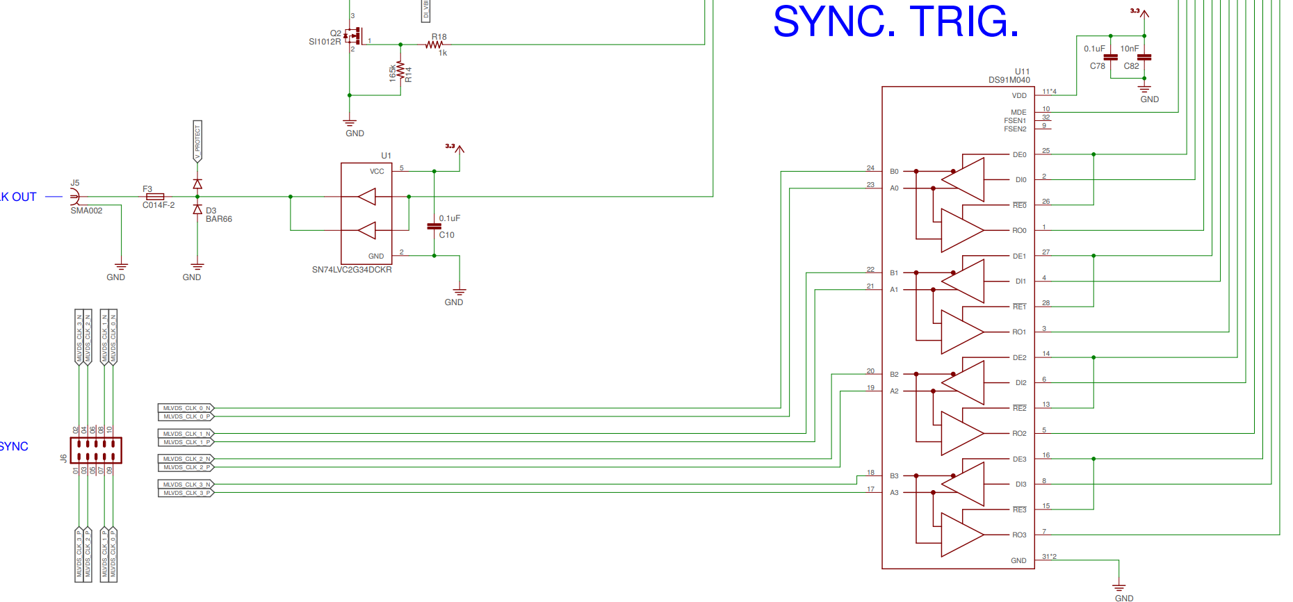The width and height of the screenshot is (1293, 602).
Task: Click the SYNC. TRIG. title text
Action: coord(895,22)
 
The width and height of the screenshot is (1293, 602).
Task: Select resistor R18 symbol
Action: coord(434,45)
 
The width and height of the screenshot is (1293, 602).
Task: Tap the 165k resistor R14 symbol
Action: coord(400,70)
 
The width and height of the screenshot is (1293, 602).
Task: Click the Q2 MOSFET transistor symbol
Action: coord(355,35)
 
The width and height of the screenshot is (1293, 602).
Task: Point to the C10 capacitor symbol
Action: coord(434,226)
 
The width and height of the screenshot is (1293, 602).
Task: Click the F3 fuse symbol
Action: coord(155,197)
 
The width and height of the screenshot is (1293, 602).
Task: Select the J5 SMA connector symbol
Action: coord(74,197)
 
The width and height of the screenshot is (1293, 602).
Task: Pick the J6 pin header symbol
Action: coord(96,450)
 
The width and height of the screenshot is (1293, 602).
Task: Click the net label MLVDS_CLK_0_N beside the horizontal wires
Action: coord(186,408)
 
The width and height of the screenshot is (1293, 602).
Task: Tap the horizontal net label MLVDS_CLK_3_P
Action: coord(186,493)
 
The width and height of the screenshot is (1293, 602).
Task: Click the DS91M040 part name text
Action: coord(1009,80)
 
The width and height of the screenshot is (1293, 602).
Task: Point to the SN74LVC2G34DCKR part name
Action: coord(352,270)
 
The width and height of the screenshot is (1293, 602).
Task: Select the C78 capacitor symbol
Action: coord(1111,57)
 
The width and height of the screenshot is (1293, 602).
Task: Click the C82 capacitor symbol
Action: coord(1144,57)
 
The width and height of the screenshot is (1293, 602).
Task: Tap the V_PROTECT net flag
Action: coord(197,141)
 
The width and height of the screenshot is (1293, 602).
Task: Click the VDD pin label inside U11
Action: coord(1019,96)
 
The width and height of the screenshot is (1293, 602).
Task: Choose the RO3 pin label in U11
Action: coord(1019,535)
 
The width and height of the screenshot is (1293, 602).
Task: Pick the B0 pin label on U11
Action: coord(894,172)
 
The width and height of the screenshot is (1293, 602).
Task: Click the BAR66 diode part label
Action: coord(219,219)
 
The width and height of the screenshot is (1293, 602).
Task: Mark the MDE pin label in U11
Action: coord(1018,113)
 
